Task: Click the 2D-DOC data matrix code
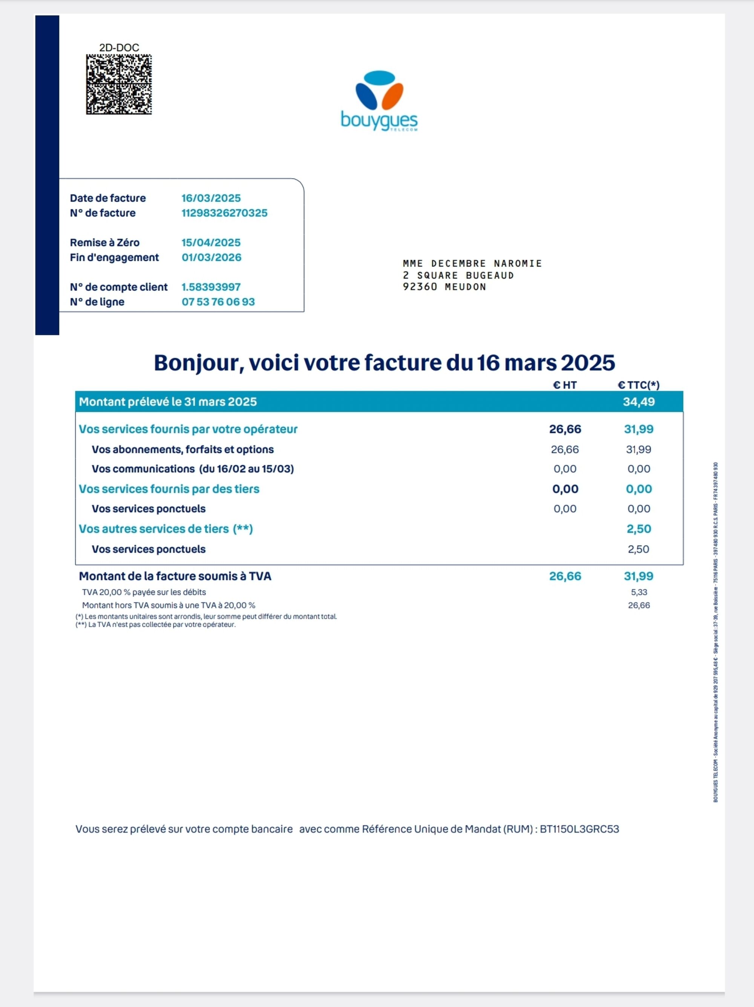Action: coord(119,84)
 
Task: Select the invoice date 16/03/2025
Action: coord(211,198)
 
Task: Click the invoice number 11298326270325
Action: coord(224,213)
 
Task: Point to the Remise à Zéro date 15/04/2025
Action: coord(211,243)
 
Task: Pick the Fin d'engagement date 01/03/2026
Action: coord(211,257)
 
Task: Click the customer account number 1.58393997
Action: coord(211,287)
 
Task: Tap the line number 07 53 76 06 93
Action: coord(218,302)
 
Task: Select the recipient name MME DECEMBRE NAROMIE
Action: coord(472,264)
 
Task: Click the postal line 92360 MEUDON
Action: coord(444,287)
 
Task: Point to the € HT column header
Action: coord(565,385)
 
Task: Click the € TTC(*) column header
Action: coord(638,385)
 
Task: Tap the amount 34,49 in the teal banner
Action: coord(638,402)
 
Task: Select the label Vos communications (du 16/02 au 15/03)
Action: coord(193,469)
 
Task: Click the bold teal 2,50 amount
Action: coord(638,529)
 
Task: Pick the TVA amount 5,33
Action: coord(639,592)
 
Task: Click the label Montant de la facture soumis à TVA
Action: coord(175,576)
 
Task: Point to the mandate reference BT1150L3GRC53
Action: coord(579,829)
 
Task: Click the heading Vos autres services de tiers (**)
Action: coord(166,529)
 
